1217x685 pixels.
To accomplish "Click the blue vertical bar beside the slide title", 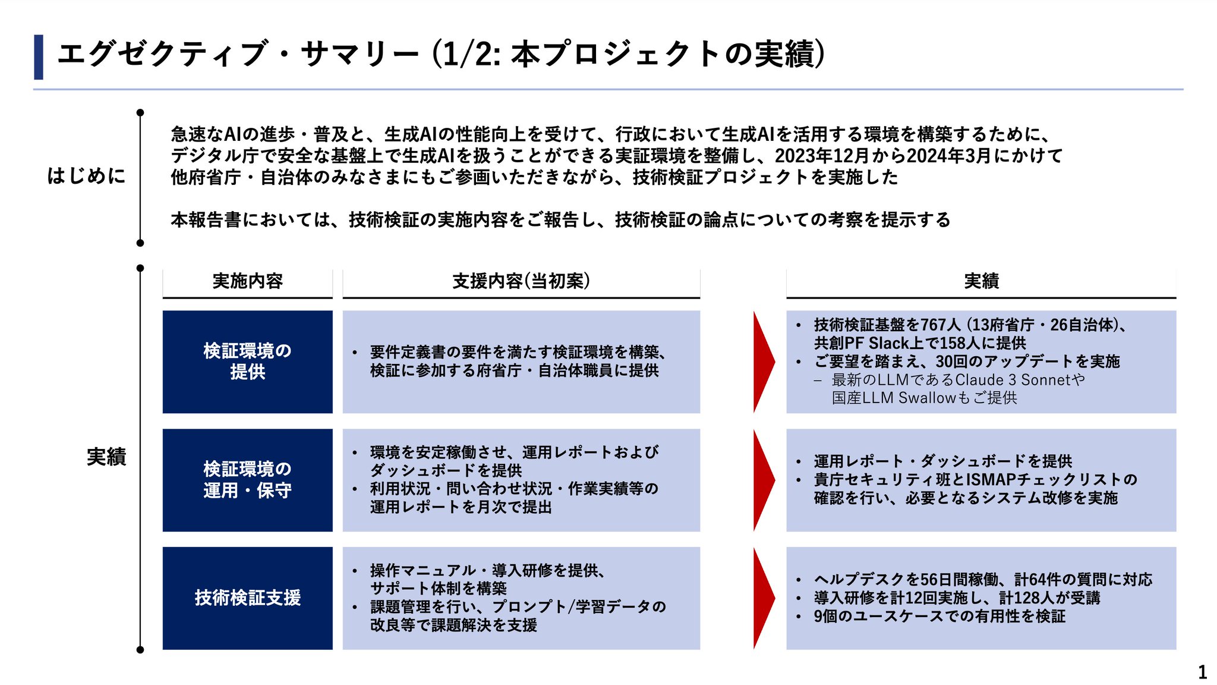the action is pos(39,57).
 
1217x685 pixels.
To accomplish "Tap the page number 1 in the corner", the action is pos(1202,673).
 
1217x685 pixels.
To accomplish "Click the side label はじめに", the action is pos(87,176).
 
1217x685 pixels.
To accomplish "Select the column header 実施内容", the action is pos(247,281).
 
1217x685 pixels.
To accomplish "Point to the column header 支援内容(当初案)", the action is pos(521,281).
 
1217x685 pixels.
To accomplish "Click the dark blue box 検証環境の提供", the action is pos(247,362).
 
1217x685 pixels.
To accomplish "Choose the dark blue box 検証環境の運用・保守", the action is pos(247,480).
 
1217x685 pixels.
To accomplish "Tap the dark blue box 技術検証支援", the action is pos(247,598).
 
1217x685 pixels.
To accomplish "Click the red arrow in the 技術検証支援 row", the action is pos(764,598).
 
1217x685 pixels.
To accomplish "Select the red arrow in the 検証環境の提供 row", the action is pos(764,362).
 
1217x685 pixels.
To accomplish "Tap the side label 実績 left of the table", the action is pos(106,457).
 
